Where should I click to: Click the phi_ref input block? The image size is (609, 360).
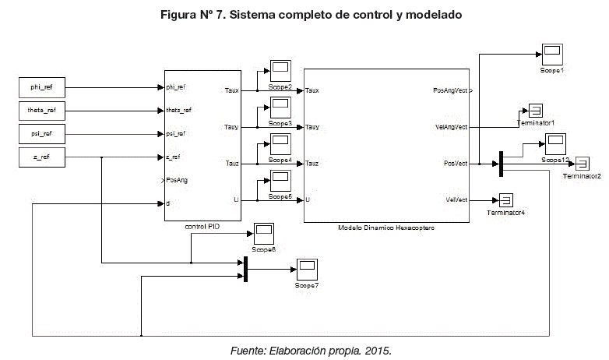40,87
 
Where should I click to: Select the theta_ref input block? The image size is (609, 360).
40,111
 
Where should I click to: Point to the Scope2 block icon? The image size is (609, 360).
280,70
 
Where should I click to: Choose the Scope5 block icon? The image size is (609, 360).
280,181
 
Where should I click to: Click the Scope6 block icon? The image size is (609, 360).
264,233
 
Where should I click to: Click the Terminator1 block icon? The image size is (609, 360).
537,109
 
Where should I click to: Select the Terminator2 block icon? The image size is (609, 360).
582,163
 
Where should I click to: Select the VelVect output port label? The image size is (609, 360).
455,199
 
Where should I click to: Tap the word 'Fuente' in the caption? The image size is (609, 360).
247,351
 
